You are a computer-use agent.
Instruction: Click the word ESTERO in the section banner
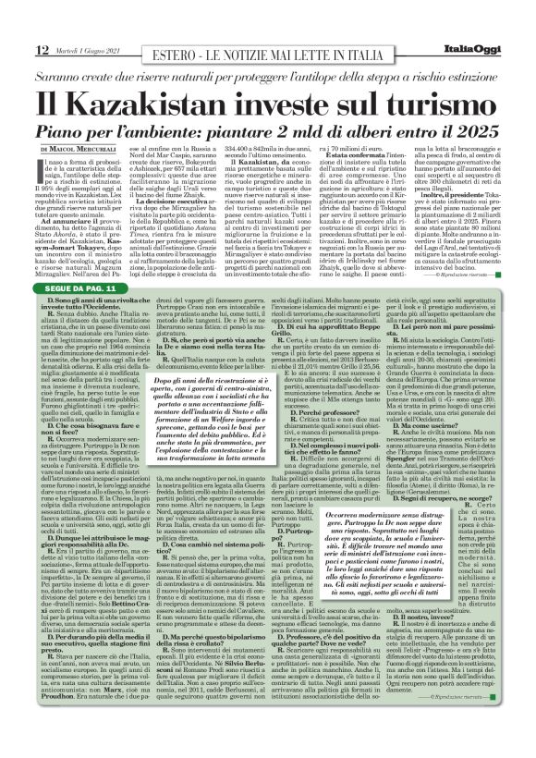click(x=180, y=50)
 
